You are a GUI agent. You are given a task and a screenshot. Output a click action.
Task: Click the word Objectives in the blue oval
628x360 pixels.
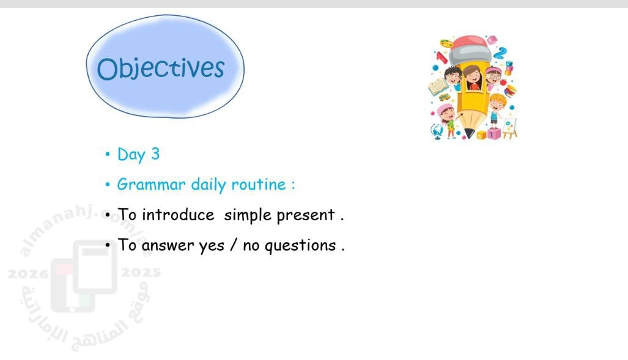161,69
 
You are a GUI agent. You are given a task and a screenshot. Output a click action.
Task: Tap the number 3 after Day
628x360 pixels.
155,154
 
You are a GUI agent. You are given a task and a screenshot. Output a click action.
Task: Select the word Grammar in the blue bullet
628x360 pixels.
152,185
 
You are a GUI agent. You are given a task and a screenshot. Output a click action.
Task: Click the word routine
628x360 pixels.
259,185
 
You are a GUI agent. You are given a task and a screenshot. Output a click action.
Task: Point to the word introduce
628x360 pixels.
178,215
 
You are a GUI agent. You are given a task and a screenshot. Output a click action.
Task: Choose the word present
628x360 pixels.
306,215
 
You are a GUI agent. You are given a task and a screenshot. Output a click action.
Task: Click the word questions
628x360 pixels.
300,246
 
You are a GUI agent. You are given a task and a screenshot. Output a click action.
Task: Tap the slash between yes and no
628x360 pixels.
234,244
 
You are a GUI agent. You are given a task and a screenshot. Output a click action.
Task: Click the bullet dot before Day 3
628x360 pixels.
108,154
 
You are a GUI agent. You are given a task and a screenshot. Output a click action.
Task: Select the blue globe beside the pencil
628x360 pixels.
437,131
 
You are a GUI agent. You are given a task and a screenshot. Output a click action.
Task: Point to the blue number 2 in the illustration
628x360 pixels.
500,53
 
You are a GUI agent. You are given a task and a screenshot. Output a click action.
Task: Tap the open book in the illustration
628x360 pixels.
438,87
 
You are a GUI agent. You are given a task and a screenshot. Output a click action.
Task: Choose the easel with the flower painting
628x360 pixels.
509,128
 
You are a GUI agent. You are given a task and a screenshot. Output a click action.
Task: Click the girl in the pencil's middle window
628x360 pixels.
472,78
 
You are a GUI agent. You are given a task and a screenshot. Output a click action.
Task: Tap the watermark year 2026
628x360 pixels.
28,274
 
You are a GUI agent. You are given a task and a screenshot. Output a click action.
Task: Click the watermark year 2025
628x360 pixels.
141,273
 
